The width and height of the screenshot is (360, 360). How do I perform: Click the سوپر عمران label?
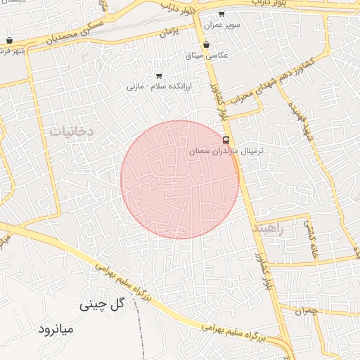(x=222, y=25)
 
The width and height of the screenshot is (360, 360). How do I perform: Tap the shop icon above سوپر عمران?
(x=221, y=14)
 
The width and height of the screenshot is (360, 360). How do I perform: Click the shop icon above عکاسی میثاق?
(x=206, y=44)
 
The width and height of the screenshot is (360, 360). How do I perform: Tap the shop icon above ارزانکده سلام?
(x=159, y=75)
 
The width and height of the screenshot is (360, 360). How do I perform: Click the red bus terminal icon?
(x=226, y=139)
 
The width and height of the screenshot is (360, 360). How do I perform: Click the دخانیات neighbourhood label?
(x=70, y=131)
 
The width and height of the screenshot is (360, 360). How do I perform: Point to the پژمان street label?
(x=170, y=32)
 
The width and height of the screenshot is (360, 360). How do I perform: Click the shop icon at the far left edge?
(x=9, y=40)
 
